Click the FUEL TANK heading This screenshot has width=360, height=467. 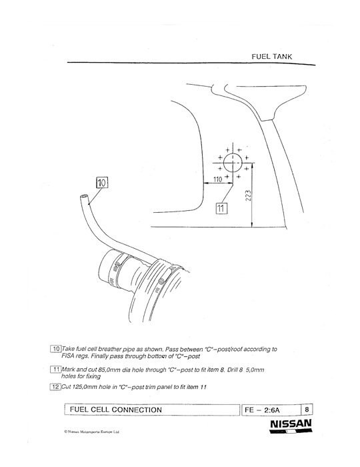coord(271,57)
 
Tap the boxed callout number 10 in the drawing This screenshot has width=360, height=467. coord(102,183)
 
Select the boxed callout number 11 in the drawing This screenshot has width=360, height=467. coord(221,208)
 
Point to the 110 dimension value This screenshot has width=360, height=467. coord(218,179)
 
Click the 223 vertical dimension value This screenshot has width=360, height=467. coord(249,195)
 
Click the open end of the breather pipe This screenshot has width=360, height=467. coord(84,197)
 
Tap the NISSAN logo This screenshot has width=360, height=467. coord(291,426)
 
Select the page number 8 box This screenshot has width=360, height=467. coord(307,410)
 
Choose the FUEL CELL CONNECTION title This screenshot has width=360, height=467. coord(116,410)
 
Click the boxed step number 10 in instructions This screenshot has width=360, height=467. coord(56,349)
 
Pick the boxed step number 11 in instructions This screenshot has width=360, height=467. coord(56,370)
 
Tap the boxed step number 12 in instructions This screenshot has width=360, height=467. coord(55,387)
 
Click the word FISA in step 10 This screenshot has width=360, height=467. coord(67,356)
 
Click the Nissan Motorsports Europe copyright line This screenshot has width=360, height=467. coord(91,432)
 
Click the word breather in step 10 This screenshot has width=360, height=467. coord(109,349)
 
